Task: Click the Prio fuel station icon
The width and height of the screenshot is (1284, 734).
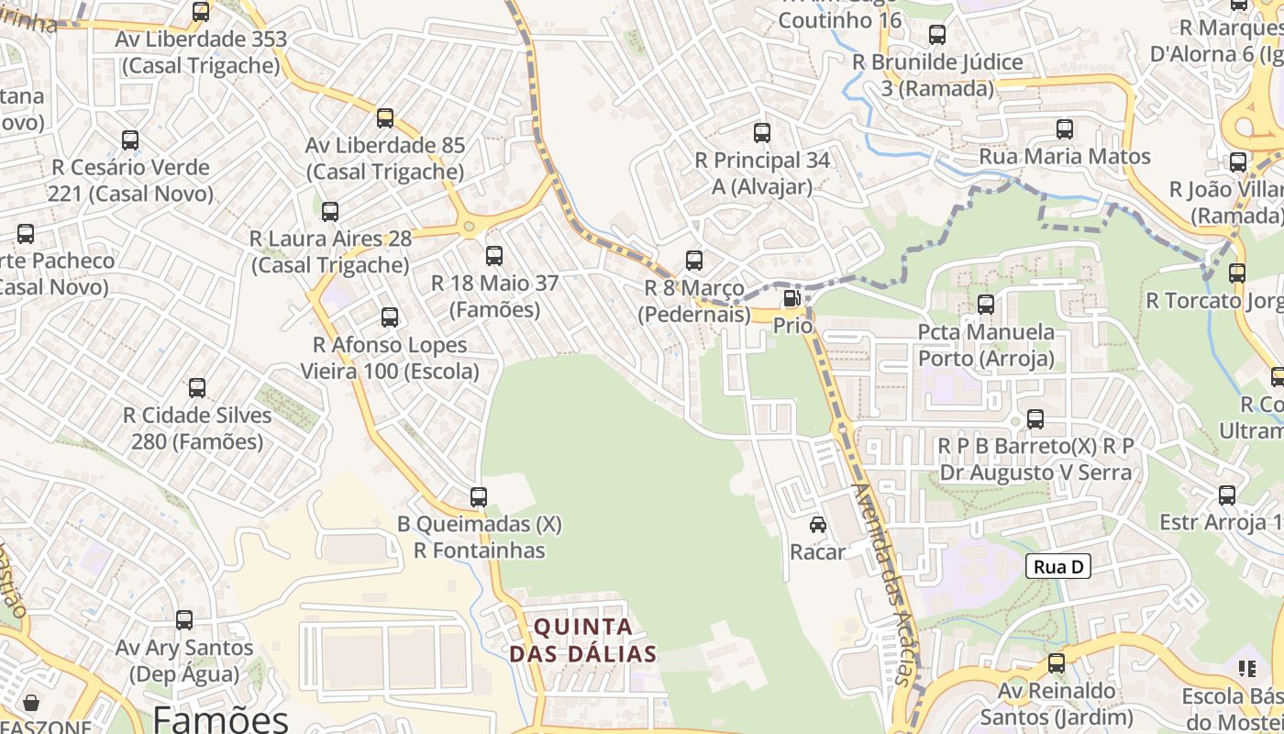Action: click(x=791, y=299)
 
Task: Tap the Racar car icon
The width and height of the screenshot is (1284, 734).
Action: click(x=817, y=525)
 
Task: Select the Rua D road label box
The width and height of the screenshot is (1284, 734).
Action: click(x=1057, y=567)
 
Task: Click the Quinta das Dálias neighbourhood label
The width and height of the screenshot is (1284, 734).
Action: click(x=583, y=640)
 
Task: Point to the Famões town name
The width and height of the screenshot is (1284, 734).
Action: click(x=221, y=718)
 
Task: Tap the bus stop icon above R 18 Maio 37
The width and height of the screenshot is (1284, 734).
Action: click(x=494, y=256)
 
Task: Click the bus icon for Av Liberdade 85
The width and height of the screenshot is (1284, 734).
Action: click(x=385, y=118)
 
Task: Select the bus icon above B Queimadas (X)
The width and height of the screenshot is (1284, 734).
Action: click(x=479, y=497)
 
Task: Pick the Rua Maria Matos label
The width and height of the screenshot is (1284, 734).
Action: click(x=1064, y=157)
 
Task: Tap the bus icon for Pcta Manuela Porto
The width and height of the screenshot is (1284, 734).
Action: click(x=986, y=305)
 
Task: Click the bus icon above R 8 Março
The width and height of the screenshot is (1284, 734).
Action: click(x=694, y=261)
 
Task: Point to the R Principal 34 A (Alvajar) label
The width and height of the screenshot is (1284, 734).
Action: click(x=762, y=173)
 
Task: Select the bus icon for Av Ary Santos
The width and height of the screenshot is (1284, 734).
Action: click(x=184, y=620)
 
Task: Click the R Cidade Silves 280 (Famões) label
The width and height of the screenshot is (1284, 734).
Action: click(x=197, y=428)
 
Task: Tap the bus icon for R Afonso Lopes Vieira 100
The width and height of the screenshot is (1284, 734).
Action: click(x=390, y=317)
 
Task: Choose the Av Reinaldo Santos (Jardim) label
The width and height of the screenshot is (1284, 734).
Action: click(x=1057, y=704)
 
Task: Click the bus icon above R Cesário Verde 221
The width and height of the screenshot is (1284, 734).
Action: click(x=130, y=140)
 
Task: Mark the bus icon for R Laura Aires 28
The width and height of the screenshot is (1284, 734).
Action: click(x=330, y=212)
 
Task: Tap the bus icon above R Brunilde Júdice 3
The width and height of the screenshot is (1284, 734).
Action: click(x=937, y=35)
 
